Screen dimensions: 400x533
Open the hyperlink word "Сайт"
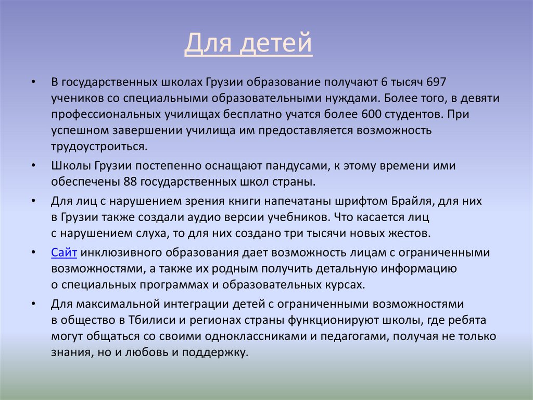(x=65, y=253)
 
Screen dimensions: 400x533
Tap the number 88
(x=130, y=183)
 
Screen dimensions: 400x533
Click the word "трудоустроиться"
(x=99, y=147)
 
